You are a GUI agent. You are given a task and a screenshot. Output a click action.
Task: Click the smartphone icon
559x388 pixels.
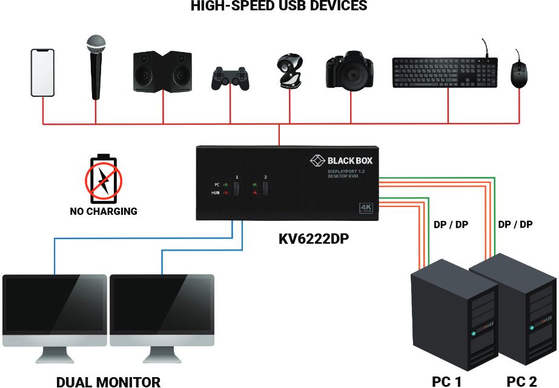[42, 73]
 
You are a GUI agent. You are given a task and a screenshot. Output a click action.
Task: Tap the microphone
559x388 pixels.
[96, 66]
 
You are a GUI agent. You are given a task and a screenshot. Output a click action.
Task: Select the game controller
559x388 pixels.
[230, 78]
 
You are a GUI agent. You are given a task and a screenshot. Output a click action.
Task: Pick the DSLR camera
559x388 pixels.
[350, 72]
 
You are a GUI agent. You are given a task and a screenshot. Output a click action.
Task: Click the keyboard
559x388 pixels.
[445, 72]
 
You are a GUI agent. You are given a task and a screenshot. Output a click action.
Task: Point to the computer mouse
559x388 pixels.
[518, 74]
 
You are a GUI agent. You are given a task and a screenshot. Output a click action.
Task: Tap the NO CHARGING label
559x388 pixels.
[102, 212]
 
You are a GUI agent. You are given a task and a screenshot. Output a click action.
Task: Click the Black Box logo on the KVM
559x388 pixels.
[342, 160]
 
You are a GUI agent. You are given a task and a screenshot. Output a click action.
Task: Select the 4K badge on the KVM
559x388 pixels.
[366, 208]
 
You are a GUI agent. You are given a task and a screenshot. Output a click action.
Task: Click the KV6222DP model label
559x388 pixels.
[314, 238]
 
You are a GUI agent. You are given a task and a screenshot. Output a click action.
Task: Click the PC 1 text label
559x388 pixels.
[446, 381]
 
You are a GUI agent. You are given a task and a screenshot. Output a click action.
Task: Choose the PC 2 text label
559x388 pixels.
[521, 381]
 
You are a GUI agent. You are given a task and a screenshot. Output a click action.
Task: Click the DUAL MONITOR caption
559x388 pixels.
[108, 381]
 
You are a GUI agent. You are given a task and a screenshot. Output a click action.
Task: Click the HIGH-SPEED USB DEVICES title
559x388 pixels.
[279, 7]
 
